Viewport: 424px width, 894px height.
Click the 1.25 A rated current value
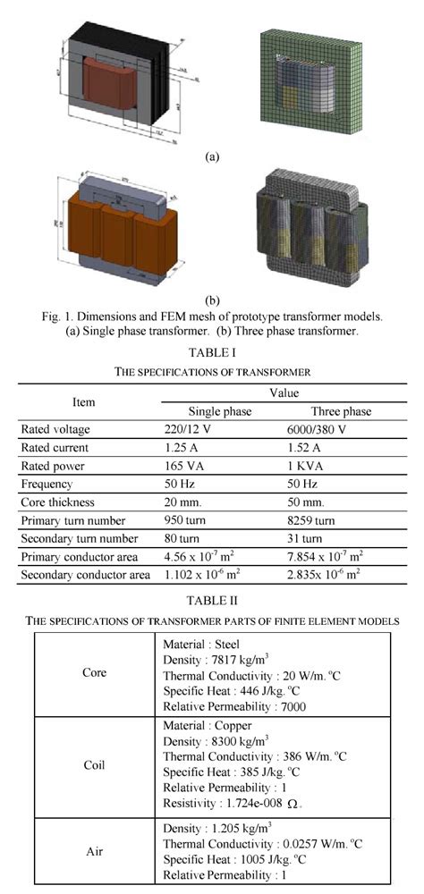[x=183, y=449]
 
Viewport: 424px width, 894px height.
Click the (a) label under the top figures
[x=211, y=156]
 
